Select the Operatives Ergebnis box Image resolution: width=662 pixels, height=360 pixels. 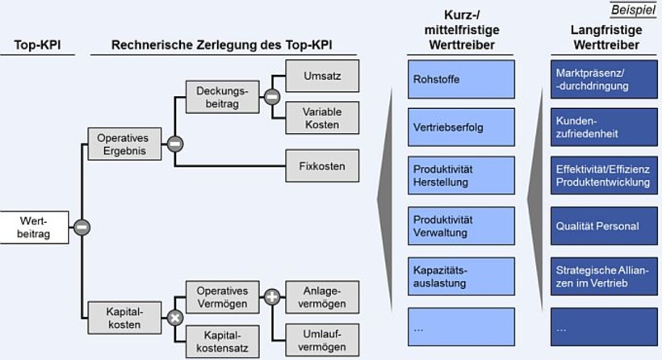124,145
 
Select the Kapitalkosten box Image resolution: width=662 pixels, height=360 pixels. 124,318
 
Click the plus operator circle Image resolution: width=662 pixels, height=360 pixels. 272,297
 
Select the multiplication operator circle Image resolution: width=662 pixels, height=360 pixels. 174,318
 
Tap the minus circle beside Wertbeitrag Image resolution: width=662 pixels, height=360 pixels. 81,227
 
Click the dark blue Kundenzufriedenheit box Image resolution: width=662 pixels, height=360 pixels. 601,128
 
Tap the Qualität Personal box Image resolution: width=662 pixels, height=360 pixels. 601,226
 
